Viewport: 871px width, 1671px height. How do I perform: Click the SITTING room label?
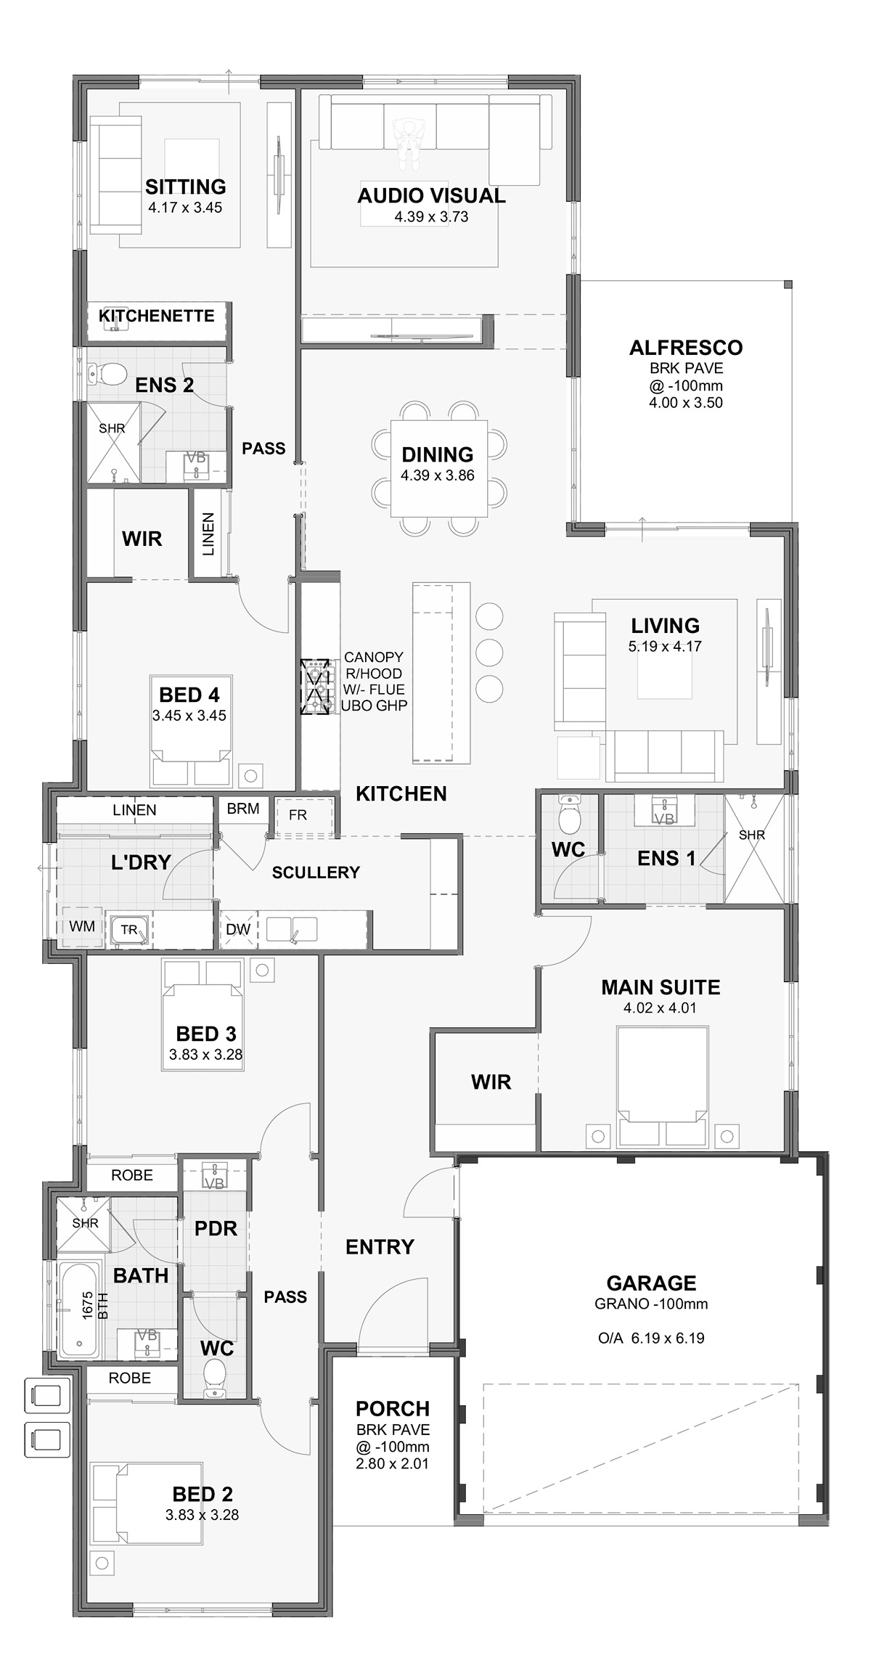[185, 187]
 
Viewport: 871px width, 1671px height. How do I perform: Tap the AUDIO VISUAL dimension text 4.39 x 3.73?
[431, 216]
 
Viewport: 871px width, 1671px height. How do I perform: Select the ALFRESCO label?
[686, 348]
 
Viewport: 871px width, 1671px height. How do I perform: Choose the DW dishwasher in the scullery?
[238, 929]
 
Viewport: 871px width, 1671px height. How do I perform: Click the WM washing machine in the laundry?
[82, 927]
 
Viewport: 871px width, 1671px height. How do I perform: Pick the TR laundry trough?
[129, 930]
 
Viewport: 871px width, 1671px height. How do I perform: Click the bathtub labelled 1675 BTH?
[80, 1308]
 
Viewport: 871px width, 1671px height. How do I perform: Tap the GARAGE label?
[651, 1283]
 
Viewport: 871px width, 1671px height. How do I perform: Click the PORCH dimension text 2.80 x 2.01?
[393, 1463]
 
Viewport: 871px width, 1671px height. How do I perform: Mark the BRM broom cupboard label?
[243, 809]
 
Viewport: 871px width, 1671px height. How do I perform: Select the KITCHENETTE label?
[157, 316]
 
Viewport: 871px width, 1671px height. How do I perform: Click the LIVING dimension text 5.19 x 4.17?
[665, 646]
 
